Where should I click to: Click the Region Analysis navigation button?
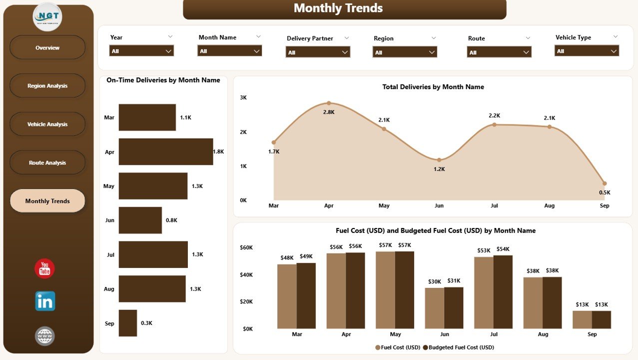click(47, 86)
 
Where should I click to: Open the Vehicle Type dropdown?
click(587, 51)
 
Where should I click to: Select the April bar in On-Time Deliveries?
click(166, 151)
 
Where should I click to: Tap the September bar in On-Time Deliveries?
click(128, 323)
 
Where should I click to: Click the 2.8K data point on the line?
click(329, 103)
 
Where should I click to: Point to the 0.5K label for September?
click(605, 192)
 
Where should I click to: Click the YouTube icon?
click(44, 269)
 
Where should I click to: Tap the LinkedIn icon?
click(45, 301)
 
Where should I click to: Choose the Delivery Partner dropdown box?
click(318, 52)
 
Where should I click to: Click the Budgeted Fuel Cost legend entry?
click(458, 347)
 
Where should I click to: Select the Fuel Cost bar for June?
click(435, 308)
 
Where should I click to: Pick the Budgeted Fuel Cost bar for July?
click(503, 292)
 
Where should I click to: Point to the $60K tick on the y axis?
click(246, 247)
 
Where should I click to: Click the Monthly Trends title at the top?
click(338, 8)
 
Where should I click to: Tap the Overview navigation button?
click(47, 48)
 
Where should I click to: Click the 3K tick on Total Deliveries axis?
click(243, 97)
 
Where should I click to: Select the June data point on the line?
click(439, 160)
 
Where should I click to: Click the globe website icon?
click(45, 336)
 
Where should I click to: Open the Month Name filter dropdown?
click(230, 51)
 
